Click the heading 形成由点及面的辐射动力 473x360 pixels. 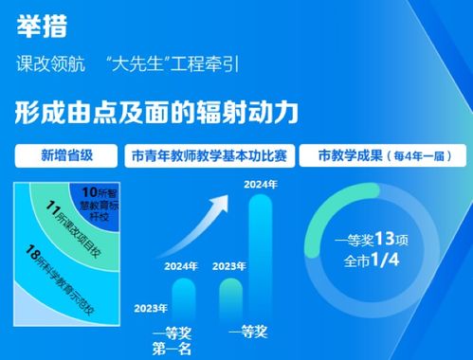pyautogui.click(x=157, y=112)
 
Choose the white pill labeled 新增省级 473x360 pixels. pyautogui.click(x=65, y=153)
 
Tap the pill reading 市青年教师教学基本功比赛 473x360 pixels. pyautogui.click(x=211, y=153)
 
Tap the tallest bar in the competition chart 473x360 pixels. pyautogui.click(x=260, y=256)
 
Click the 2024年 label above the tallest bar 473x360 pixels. pyautogui.click(x=260, y=183)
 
